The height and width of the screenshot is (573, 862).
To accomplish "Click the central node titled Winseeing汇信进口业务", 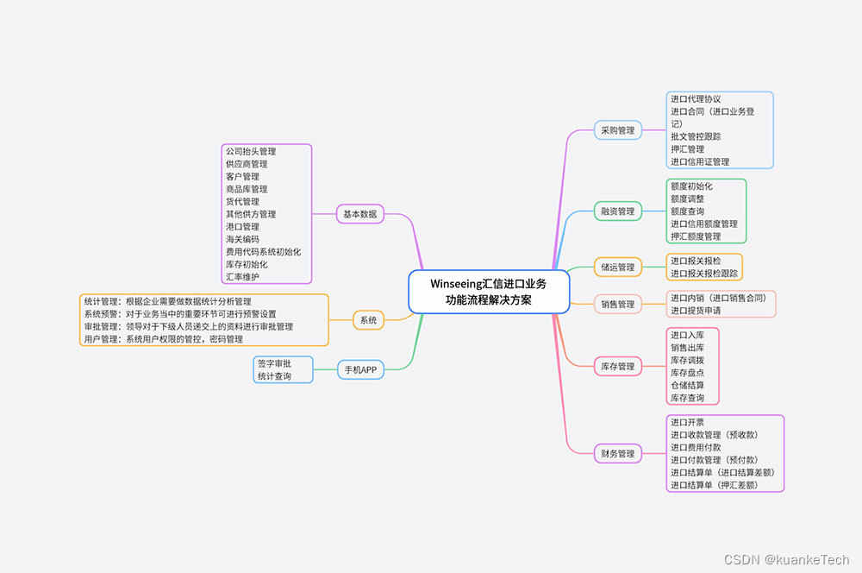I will point(488,292).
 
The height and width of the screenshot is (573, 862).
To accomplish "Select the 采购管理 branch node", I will point(618,130).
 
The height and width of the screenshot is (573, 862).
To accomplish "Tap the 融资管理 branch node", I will point(618,211).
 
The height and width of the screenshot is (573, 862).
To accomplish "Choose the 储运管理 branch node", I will point(618,268).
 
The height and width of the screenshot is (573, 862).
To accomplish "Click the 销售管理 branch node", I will point(618,304).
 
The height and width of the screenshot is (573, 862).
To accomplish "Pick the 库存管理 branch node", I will point(618,367).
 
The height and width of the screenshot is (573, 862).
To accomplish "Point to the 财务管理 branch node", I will point(618,453).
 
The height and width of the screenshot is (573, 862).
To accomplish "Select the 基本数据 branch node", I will point(359,214).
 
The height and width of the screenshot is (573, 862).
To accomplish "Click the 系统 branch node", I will point(368,320).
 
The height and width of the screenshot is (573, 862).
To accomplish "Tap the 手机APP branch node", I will point(360,369).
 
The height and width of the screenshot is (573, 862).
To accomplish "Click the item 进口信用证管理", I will point(700,161).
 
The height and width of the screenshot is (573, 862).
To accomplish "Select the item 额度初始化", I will point(691,186).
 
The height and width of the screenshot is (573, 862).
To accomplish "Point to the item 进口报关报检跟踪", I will point(704,274).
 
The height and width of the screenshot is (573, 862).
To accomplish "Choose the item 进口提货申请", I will point(696,311).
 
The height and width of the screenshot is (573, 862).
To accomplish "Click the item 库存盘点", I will point(687,373).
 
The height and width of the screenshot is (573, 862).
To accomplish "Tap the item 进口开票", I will point(687,423).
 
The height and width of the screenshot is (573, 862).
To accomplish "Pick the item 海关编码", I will point(242,239).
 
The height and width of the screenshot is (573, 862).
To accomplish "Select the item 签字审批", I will point(274,363).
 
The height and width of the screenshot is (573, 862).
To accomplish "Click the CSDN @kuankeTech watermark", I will point(786,560).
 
